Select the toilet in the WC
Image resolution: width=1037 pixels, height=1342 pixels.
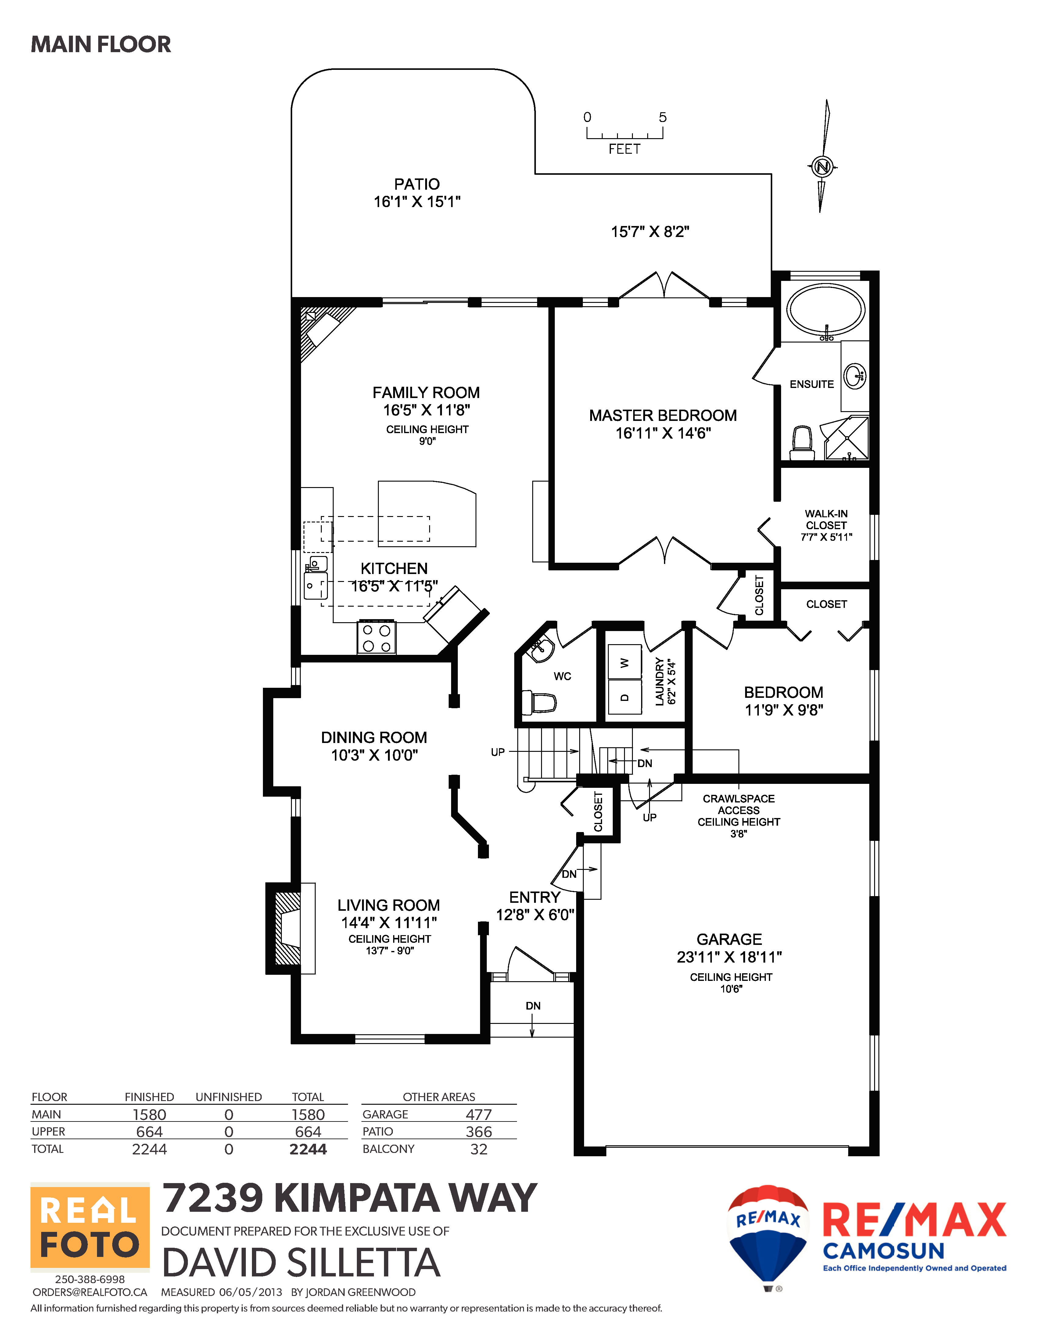[539, 702]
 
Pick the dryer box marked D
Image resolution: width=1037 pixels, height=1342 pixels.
[624, 697]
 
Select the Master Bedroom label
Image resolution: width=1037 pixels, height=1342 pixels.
[663, 415]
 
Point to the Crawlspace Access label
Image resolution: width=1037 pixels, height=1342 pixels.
[738, 804]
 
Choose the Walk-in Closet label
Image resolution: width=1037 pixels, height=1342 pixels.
[826, 519]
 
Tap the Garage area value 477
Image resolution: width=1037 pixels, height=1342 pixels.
[479, 1115]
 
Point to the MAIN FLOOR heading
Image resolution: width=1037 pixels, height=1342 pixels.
[101, 44]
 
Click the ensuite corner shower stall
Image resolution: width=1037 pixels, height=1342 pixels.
[846, 438]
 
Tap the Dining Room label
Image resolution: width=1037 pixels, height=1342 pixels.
[374, 737]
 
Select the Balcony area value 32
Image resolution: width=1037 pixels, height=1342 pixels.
[479, 1149]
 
